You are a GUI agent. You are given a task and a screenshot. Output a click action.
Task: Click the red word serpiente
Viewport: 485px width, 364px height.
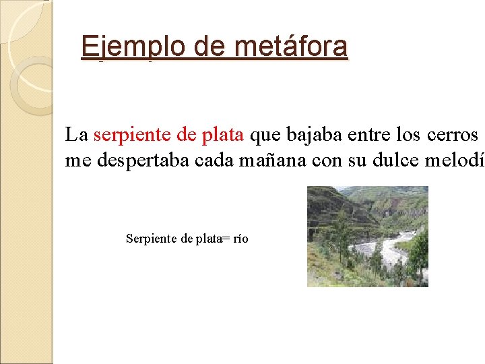(x=132, y=135)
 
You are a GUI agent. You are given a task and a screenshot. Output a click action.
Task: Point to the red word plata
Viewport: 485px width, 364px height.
(x=224, y=135)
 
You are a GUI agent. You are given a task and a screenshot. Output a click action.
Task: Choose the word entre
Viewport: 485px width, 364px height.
(x=370, y=135)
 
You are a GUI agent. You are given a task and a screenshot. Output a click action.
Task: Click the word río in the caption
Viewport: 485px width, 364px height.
(x=240, y=239)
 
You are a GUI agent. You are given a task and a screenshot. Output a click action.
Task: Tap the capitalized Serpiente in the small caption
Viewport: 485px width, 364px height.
(x=151, y=239)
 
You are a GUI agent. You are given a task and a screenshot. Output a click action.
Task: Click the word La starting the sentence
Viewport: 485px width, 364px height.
(x=76, y=135)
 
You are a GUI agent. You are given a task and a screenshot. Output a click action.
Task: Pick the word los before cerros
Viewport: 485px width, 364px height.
(x=410, y=135)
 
